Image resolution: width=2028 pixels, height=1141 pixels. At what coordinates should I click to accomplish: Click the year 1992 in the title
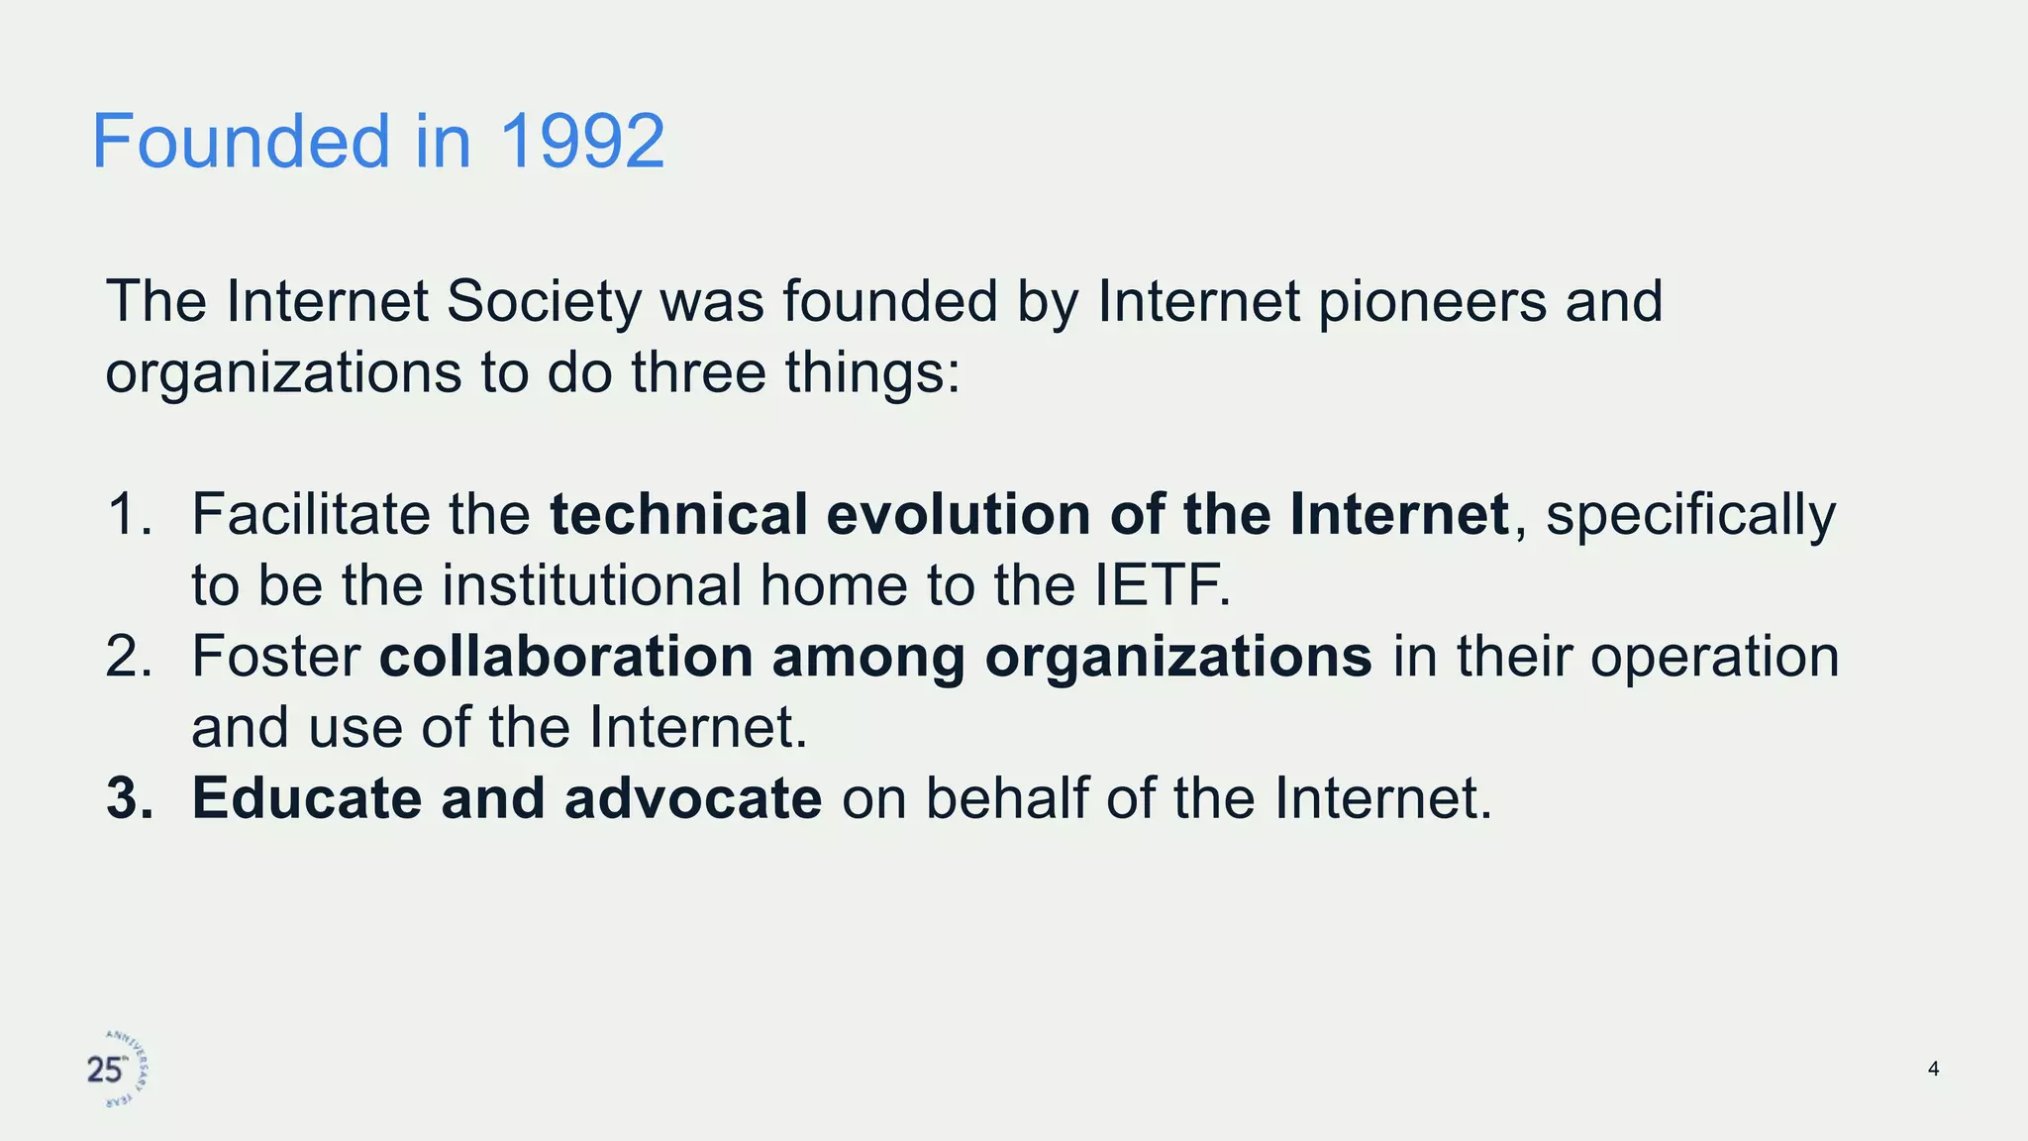tap(581, 142)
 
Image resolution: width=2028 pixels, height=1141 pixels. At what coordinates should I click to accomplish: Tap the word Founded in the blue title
tap(242, 142)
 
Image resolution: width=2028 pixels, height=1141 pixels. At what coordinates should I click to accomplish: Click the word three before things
tap(698, 373)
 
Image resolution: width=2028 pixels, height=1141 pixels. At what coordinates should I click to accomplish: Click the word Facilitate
tap(311, 515)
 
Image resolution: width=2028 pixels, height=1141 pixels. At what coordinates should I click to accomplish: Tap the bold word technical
tap(679, 515)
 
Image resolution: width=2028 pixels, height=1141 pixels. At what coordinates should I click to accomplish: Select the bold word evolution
tap(959, 515)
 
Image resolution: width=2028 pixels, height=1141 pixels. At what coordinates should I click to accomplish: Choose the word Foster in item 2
tap(275, 657)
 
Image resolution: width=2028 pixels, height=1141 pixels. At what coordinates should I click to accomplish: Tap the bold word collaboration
tap(566, 657)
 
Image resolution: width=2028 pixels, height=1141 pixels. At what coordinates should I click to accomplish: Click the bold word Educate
tap(307, 798)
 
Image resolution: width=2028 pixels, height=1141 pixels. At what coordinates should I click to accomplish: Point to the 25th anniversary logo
tap(117, 1070)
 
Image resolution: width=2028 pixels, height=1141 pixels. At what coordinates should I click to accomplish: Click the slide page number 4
tap(1933, 1069)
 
